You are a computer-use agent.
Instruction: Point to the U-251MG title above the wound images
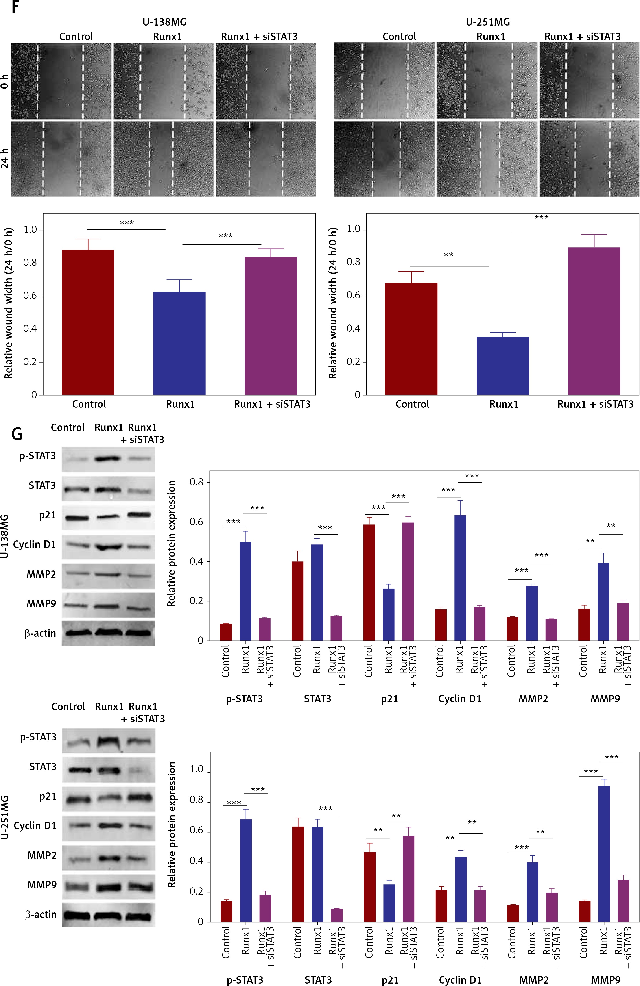tap(488, 22)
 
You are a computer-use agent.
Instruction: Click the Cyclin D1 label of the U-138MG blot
tap(34, 544)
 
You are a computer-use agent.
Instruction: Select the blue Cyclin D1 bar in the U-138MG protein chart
tap(460, 578)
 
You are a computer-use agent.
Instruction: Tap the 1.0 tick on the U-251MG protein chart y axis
tap(196, 769)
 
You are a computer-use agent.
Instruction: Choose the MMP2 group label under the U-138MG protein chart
tap(533, 699)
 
